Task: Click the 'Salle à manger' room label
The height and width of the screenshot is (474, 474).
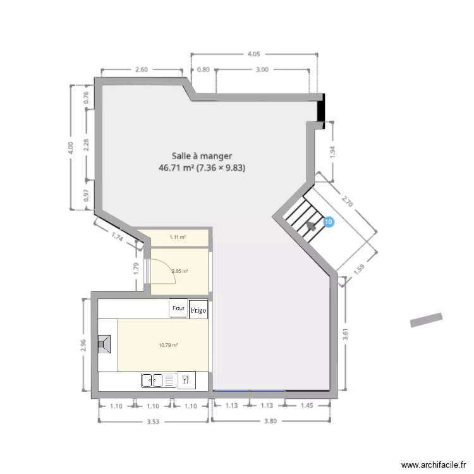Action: (202, 155)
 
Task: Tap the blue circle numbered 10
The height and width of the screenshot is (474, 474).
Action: (327, 222)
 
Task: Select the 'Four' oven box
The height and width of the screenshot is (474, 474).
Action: (179, 308)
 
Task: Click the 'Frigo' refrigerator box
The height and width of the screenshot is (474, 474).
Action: (198, 311)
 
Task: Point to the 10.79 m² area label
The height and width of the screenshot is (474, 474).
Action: (167, 345)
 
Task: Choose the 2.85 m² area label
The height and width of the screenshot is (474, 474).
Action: (180, 271)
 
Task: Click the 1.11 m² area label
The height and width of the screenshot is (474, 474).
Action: (178, 238)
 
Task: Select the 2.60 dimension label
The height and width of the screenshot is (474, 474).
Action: (141, 70)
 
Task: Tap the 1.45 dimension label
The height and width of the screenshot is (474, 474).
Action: (307, 406)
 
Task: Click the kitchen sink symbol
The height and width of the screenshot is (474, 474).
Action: (152, 380)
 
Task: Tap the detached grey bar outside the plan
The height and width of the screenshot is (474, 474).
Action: (427, 320)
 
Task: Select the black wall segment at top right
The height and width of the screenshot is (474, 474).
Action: (322, 108)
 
